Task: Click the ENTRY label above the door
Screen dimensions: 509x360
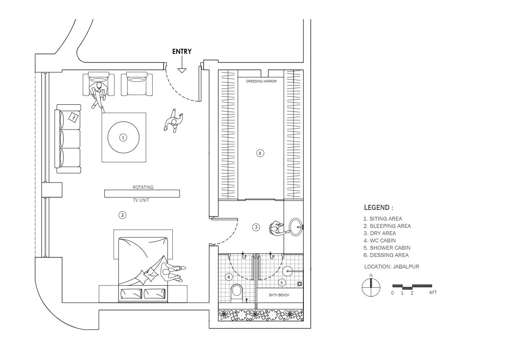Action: point(182,51)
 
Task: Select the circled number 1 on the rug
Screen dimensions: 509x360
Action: point(123,138)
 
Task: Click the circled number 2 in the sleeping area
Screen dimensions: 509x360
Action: point(122,215)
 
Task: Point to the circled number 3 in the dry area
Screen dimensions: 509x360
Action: point(256,227)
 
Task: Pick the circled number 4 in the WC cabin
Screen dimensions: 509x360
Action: point(229,277)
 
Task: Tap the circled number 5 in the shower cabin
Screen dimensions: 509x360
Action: point(282,283)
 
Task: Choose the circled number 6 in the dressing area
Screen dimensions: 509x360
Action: point(260,153)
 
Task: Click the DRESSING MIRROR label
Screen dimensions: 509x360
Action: point(261,81)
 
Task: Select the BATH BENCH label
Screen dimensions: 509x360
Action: point(279,295)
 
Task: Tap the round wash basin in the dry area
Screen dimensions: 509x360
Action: point(295,227)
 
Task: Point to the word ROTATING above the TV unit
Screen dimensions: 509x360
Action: point(143,187)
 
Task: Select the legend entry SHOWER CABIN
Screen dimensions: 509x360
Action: point(387,248)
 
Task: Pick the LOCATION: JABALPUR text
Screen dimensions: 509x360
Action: point(391,266)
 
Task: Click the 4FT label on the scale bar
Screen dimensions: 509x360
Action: point(433,292)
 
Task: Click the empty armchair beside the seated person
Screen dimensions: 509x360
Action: point(137,84)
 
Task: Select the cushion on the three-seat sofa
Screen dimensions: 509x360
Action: point(74,117)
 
